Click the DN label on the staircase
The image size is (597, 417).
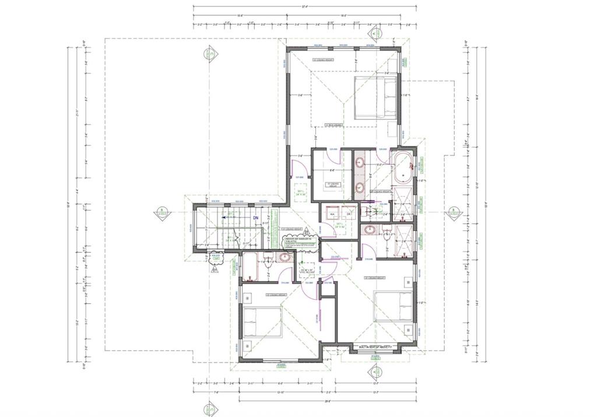(255, 218)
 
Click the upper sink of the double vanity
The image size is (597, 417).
(360, 162)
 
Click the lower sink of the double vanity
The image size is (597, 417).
(360, 188)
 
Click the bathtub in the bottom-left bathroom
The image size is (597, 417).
(251, 267)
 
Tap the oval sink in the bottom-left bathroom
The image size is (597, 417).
(285, 257)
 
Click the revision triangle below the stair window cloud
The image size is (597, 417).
(215, 269)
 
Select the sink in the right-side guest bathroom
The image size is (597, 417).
(370, 230)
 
